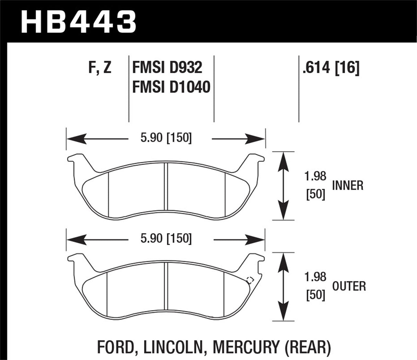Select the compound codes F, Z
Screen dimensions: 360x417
point(100,69)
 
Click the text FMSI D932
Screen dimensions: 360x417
point(167,69)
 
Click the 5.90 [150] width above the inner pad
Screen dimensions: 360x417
point(166,139)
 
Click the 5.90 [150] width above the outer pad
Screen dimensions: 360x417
point(166,239)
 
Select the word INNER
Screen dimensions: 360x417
point(348,186)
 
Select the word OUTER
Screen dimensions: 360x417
point(349,286)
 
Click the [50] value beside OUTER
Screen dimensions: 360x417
point(315,295)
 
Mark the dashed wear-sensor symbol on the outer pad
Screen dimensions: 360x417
point(250,280)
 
